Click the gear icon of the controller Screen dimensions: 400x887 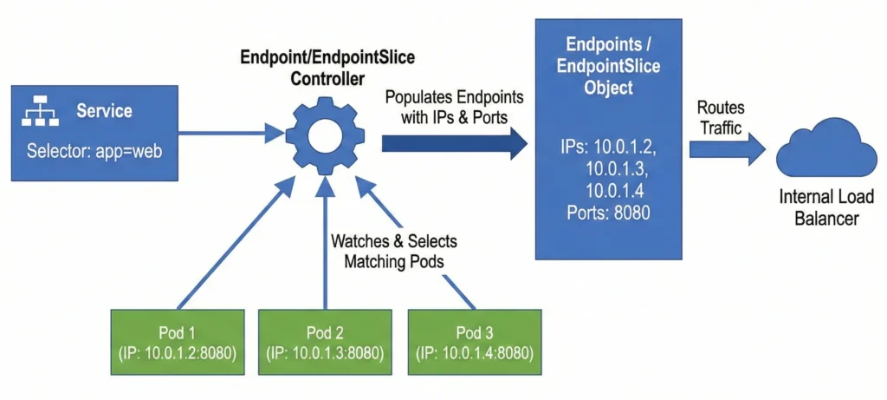(325, 134)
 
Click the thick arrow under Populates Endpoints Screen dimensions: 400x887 (455, 142)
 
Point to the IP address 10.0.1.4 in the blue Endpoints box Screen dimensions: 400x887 (617, 189)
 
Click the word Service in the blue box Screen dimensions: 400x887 (104, 111)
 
